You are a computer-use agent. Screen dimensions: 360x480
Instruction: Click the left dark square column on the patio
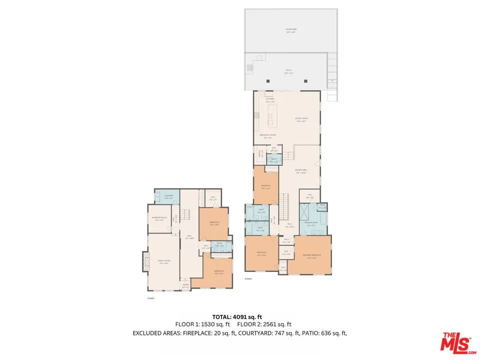[x=268, y=81]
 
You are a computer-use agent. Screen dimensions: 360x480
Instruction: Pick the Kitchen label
[x=270, y=99]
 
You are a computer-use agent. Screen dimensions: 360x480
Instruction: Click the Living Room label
[x=301, y=119]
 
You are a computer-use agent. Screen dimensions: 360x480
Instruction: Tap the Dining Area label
[x=300, y=170]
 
